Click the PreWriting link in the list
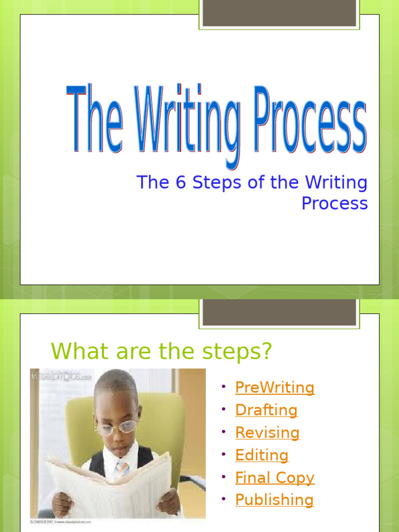coord(274,388)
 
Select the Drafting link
coord(266,410)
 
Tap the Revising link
coord(267,433)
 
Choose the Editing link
coord(261,456)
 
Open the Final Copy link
coord(274,478)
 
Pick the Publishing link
coord(274,500)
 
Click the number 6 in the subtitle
coord(180,183)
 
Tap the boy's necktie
coord(123,467)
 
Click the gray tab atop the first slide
coord(279,13)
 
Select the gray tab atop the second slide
coord(279,313)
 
